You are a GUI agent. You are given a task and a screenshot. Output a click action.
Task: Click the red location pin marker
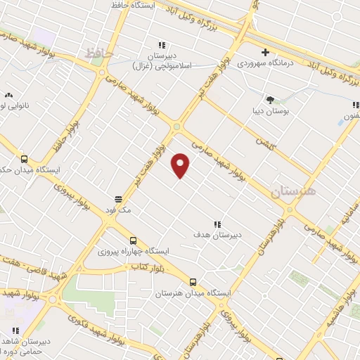(181, 165)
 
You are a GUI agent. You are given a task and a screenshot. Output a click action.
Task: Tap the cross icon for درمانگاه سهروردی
(265, 52)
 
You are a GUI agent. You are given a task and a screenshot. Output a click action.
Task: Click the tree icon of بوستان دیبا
(269, 99)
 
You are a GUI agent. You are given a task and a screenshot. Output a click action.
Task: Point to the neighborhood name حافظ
(98, 53)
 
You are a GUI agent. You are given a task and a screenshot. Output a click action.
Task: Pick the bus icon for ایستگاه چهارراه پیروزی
(134, 240)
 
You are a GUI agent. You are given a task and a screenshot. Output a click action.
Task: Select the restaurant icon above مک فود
(118, 199)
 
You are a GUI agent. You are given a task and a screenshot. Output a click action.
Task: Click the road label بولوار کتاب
(148, 267)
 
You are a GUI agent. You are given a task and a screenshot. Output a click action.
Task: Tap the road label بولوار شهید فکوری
(99, 327)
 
